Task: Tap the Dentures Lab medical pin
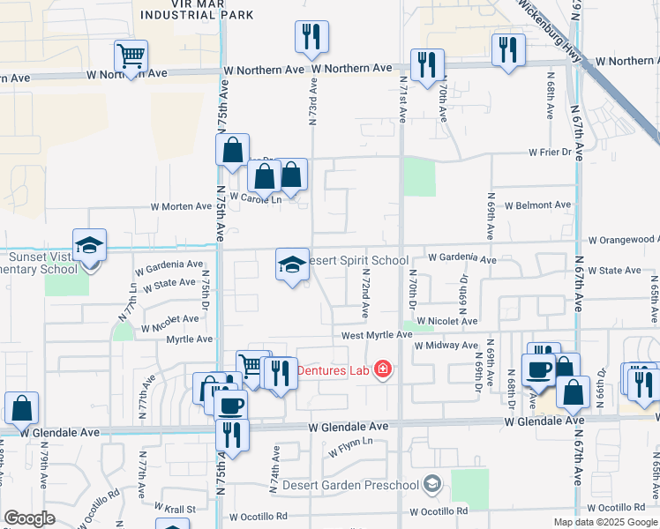coord(382,369)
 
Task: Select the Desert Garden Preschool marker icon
coord(431,483)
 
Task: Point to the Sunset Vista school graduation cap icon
coord(89,246)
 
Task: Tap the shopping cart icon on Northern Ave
coord(131,57)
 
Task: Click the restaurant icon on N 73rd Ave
coord(311,37)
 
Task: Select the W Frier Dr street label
coord(551,152)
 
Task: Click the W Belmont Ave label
coord(537,205)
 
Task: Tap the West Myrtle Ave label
coord(378,335)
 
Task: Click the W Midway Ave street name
coord(447,346)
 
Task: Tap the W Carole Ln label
coord(254,198)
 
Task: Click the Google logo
coord(29,518)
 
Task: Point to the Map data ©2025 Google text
coord(604,522)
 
